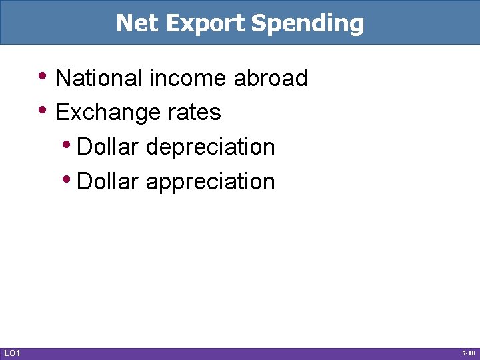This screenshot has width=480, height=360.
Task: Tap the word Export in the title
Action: point(205,23)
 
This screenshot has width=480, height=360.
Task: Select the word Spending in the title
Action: point(308,24)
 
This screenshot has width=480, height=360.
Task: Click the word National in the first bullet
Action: point(99,79)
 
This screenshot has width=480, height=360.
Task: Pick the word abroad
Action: point(271,79)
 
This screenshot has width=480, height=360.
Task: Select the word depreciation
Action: point(210,147)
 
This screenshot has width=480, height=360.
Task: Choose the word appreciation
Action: point(210,182)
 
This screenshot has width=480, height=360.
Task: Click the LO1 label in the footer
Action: point(12,353)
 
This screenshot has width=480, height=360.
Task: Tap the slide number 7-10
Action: point(468,353)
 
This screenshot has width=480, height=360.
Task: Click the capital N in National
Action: point(63,79)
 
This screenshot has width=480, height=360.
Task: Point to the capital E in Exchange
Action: point(62,113)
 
